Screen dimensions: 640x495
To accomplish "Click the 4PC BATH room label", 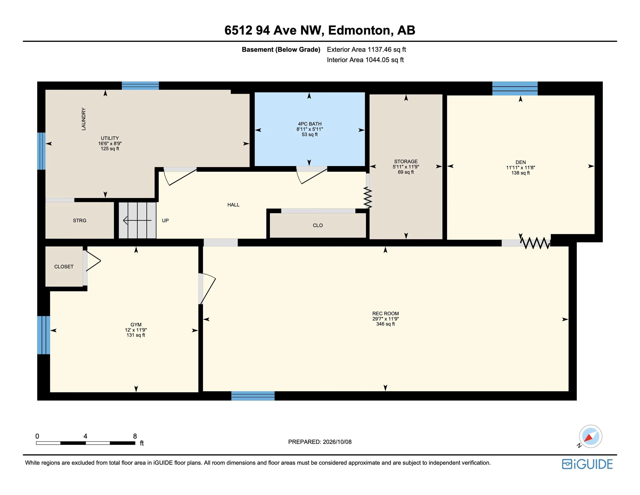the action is [310, 124].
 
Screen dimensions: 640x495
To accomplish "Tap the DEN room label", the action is [520, 162].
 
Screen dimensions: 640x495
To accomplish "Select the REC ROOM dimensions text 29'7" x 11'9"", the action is [385, 319].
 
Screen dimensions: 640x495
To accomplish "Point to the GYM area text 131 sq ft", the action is [136, 335].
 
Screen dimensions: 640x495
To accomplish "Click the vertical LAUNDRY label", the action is [84, 119].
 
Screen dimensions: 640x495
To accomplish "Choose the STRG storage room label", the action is [80, 220].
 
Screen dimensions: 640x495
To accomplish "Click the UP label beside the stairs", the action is [165, 220].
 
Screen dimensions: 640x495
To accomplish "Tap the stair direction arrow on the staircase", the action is [137, 220].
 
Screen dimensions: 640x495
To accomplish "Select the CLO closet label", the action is [318, 225].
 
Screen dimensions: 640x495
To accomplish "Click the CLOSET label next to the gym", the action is [64, 267].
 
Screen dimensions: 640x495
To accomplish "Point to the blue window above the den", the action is [515, 88].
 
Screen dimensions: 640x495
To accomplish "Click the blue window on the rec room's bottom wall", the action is [253, 396].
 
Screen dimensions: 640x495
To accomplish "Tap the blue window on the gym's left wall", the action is [44, 335].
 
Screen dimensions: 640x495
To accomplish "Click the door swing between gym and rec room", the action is [207, 289].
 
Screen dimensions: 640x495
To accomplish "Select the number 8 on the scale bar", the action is [135, 436].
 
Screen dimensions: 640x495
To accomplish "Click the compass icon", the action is [590, 436].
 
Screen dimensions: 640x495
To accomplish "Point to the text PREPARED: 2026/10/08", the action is [320, 442].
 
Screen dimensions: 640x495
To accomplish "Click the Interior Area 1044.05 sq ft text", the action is [365, 60].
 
